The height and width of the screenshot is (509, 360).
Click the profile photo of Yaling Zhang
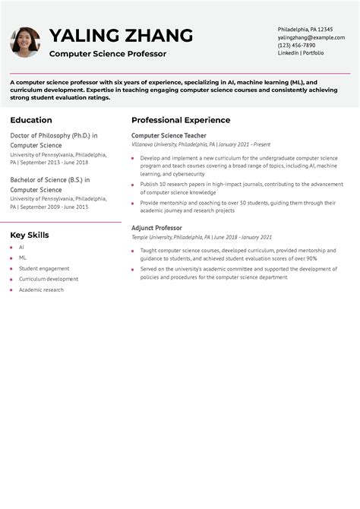click(25, 43)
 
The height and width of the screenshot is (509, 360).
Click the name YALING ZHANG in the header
click(121, 36)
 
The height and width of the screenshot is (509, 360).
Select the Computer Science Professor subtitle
click(108, 54)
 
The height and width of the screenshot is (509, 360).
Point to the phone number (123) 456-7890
click(296, 45)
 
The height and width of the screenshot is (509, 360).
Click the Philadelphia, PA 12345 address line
click(305, 29)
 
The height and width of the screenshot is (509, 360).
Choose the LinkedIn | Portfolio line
click(301, 53)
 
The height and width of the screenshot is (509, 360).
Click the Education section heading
click(31, 120)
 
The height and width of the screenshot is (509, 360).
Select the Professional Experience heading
click(181, 120)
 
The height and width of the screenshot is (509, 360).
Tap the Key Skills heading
click(30, 235)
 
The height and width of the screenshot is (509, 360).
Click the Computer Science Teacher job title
click(169, 135)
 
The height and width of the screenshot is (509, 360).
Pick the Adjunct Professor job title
click(156, 228)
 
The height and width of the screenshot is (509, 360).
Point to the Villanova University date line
click(201, 144)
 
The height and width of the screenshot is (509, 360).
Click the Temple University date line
click(201, 237)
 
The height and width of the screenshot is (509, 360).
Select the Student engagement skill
click(44, 268)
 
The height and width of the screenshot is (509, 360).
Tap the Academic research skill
click(42, 289)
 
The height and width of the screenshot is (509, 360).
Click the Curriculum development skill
click(49, 279)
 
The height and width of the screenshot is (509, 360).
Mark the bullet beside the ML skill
click(11, 258)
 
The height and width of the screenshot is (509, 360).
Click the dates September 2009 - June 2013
click(53, 207)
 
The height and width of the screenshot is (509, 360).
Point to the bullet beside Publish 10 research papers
click(133, 184)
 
